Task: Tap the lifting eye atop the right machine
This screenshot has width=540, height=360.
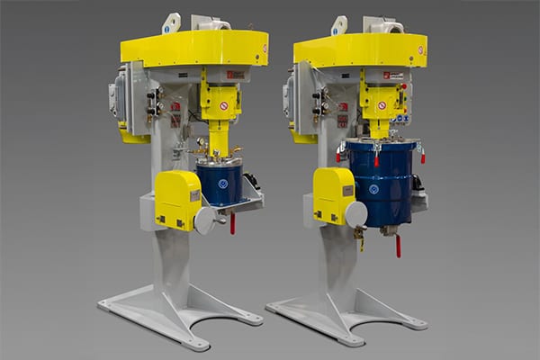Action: click(338, 25)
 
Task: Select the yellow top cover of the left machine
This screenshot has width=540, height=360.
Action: click(193, 48)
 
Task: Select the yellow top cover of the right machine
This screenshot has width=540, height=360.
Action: click(359, 49)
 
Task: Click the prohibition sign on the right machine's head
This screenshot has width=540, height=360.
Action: click(382, 105)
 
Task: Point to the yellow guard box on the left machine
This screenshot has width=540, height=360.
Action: click(176, 200)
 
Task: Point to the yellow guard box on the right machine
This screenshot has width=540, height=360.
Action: click(332, 194)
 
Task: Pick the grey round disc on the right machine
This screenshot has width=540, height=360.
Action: click(355, 214)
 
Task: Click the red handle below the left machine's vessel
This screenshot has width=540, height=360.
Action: click(231, 222)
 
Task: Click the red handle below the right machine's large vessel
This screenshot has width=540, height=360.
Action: click(397, 245)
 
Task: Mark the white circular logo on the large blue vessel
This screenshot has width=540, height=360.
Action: click(373, 189)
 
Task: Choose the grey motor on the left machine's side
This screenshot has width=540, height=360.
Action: click(120, 94)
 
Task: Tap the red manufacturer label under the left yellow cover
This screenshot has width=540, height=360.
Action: click(233, 76)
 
